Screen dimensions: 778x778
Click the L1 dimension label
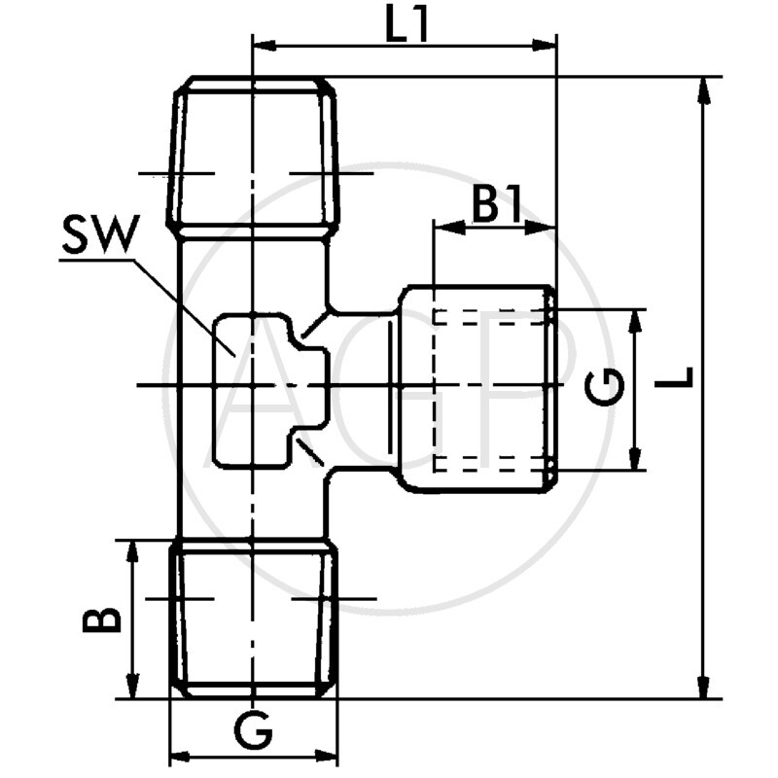click(x=407, y=27)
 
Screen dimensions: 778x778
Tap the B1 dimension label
click(x=498, y=206)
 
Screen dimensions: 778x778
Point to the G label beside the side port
click(x=604, y=389)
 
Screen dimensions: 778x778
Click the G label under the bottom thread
click(x=254, y=730)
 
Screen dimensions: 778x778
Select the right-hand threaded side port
click(x=479, y=389)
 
